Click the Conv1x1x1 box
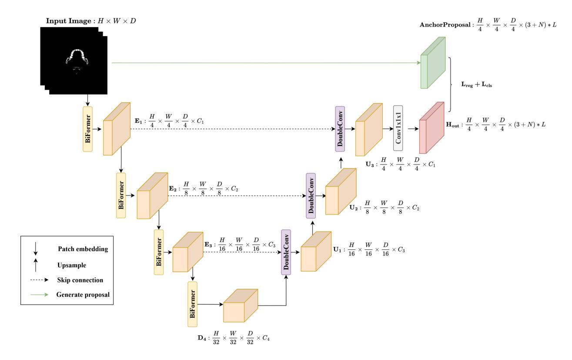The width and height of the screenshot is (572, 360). [x=398, y=128]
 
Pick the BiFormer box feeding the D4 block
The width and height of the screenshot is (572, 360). [x=193, y=304]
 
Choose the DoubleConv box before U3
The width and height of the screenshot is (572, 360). [x=340, y=128]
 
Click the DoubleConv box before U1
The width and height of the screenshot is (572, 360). [x=286, y=252]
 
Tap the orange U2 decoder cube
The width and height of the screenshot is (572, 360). [x=341, y=192]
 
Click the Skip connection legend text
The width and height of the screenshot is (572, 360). [x=80, y=280]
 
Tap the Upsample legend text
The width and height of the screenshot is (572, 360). [x=72, y=265]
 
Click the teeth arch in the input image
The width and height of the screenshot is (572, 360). [x=77, y=56]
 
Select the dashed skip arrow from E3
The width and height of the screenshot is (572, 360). [x=241, y=252]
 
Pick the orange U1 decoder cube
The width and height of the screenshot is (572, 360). [x=316, y=252]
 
